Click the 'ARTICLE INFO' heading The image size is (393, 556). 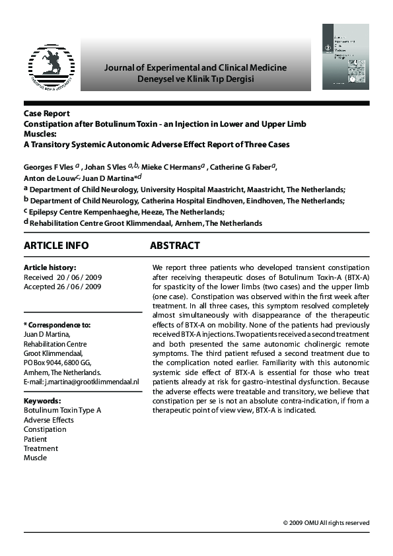tap(55, 246)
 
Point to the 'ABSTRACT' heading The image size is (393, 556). tap(174, 246)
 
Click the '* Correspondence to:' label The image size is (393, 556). tap(57, 325)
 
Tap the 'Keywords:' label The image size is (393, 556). tap(42, 401)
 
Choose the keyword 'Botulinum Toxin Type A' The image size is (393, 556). tap(63, 410)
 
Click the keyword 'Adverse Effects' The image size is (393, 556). tap(49, 420)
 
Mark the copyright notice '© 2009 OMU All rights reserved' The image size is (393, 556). tap(326, 522)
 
